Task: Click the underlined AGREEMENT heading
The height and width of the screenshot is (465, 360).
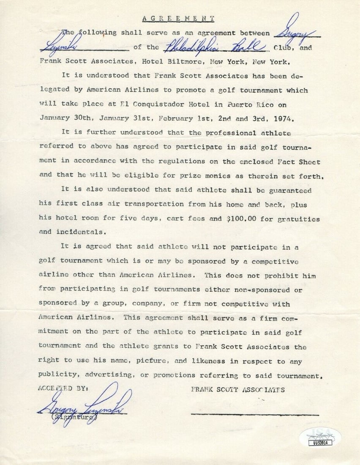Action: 178,19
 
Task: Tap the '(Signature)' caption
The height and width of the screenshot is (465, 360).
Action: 74,418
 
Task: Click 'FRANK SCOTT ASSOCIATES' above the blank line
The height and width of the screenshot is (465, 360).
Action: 238,390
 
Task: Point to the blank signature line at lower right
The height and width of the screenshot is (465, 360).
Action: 255,414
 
